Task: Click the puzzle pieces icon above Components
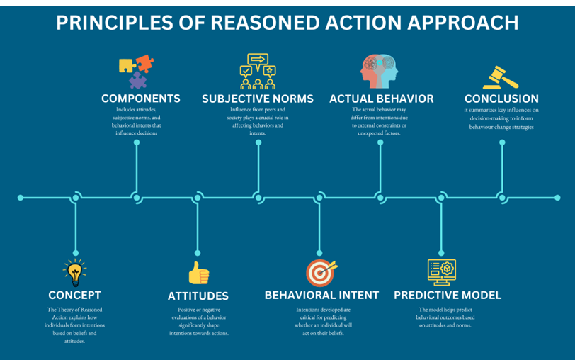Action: (x=137, y=72)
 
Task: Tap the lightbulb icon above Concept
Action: (x=74, y=272)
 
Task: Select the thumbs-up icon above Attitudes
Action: (x=198, y=273)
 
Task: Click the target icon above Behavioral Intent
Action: (x=321, y=273)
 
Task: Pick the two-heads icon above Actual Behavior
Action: (x=380, y=72)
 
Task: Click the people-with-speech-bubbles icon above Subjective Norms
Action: (x=258, y=72)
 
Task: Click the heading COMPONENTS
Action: (x=140, y=99)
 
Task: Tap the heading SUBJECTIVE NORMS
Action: (x=258, y=99)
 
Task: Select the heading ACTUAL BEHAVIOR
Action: (x=381, y=99)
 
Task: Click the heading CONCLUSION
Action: (x=501, y=99)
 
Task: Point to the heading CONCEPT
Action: (x=74, y=295)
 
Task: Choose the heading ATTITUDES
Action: (x=198, y=296)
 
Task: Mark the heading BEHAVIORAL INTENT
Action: (x=321, y=295)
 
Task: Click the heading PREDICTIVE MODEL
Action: (x=448, y=295)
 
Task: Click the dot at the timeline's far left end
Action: (x=21, y=198)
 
